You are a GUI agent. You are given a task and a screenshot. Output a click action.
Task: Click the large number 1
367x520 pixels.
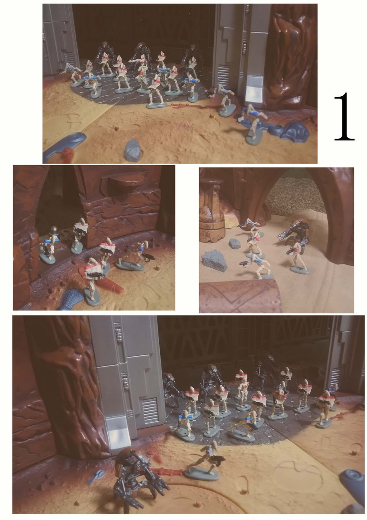click(x=344, y=117)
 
